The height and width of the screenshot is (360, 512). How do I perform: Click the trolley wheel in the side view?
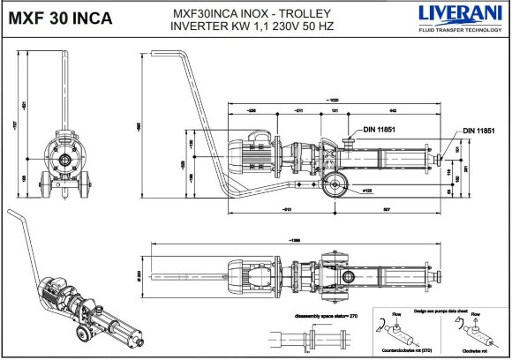click(335, 186)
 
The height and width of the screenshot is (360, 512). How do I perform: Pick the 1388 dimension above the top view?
click(291, 242)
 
